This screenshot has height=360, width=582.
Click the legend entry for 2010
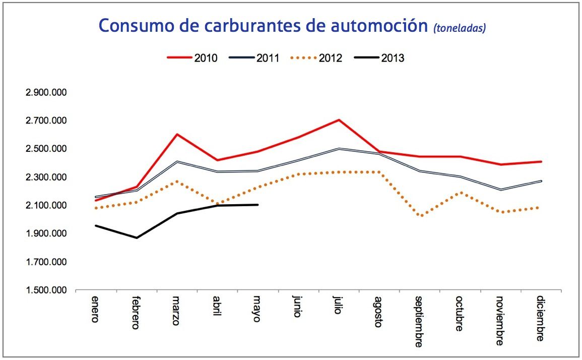(x=192, y=57)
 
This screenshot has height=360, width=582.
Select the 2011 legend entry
(x=254, y=57)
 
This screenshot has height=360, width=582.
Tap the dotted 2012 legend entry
(x=316, y=57)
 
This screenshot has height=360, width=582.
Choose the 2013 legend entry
(x=378, y=57)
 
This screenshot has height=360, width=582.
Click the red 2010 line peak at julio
(x=339, y=120)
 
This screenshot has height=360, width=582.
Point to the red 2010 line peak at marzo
(x=177, y=134)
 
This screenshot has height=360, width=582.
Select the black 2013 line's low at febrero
(x=137, y=237)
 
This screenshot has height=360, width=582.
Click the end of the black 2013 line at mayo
(x=257, y=205)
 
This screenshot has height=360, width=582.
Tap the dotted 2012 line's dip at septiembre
(x=419, y=216)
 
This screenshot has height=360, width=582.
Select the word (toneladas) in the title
(x=459, y=28)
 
